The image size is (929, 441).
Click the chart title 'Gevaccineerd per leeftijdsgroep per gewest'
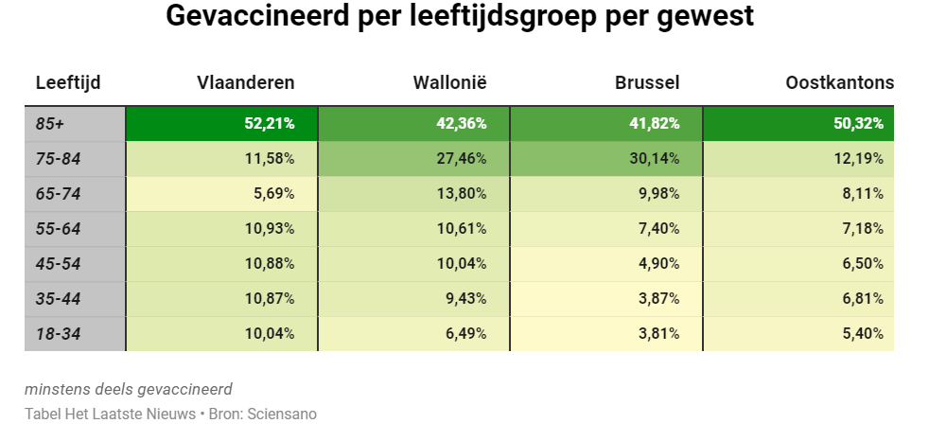[x=460, y=18]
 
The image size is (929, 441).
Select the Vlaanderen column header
[x=245, y=83]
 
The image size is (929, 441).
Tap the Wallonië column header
[x=449, y=83]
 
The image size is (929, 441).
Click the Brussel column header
[x=647, y=83]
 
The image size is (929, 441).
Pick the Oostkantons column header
[x=839, y=83]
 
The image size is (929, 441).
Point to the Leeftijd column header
[x=68, y=83]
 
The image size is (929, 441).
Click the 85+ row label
[x=51, y=124]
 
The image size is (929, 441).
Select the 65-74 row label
[x=58, y=194]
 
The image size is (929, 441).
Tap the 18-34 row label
[x=58, y=333]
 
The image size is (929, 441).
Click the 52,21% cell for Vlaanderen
[x=269, y=124]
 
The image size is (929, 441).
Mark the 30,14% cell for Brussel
[x=654, y=159]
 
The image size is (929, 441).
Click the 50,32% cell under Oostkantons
[x=858, y=124]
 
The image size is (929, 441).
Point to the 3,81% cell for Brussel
[x=657, y=333]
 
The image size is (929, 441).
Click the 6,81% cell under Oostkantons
[x=862, y=298]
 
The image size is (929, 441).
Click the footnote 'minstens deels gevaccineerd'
[x=129, y=389]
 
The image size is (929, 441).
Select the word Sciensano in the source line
[x=282, y=415]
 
